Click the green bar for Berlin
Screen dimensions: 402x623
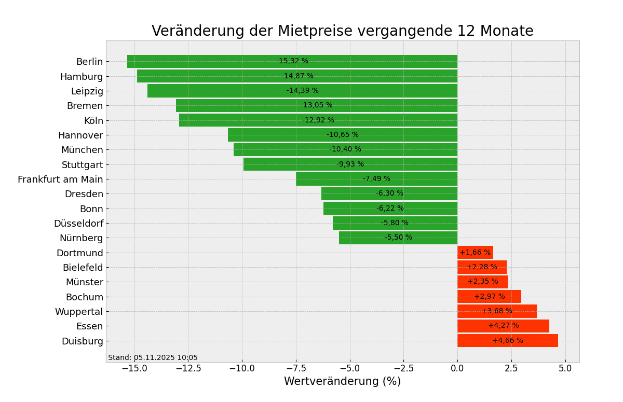tap(208, 61)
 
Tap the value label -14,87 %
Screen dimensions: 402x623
tap(297, 76)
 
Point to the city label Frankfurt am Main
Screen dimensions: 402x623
tap(60, 179)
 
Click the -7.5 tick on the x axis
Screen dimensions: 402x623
tap(349, 368)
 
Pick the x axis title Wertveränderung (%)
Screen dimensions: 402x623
tap(342, 382)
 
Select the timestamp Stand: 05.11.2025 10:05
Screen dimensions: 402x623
tap(153, 358)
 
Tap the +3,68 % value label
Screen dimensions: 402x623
tap(496, 311)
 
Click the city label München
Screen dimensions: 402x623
tap(82, 150)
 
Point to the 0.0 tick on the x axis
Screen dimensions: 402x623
tap(457, 368)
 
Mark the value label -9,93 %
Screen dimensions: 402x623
tap(350, 164)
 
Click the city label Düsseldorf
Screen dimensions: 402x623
tap(78, 224)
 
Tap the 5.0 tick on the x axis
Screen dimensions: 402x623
tap(565, 368)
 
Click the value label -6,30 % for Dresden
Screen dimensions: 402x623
tap(389, 193)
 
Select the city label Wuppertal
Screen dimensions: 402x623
tap(79, 312)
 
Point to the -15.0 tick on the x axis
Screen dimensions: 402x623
tap(134, 368)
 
